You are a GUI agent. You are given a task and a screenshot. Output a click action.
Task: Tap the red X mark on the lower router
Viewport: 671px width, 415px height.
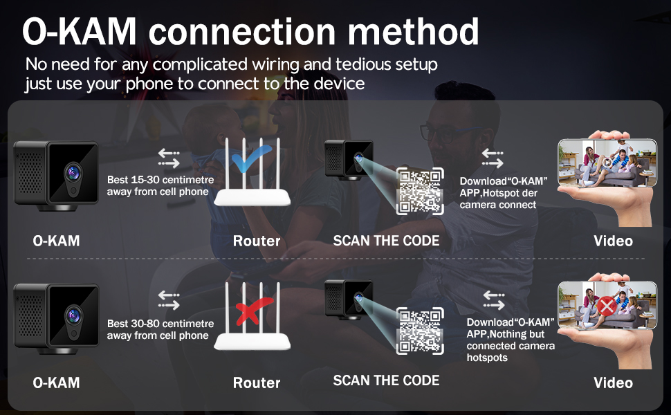pyautogui.click(x=252, y=311)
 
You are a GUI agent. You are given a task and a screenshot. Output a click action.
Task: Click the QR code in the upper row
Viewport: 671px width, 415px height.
pyautogui.click(x=420, y=191)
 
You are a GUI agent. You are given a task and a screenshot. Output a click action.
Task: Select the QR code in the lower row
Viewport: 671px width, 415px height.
pyautogui.click(x=420, y=331)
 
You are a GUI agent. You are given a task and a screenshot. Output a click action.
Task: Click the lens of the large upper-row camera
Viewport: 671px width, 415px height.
pyautogui.click(x=73, y=173)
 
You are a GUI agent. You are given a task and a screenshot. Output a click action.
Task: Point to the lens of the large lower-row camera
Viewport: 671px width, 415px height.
pyautogui.click(x=73, y=315)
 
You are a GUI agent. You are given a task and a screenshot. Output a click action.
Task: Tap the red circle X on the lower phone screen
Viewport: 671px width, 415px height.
pyautogui.click(x=607, y=306)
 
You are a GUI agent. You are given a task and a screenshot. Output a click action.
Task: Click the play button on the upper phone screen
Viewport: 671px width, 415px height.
pyautogui.click(x=607, y=162)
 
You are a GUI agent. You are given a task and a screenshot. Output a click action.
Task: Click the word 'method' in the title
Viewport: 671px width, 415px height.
pyautogui.click(x=413, y=32)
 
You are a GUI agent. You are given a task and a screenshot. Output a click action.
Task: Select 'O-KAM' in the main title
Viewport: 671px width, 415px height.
pyautogui.click(x=79, y=32)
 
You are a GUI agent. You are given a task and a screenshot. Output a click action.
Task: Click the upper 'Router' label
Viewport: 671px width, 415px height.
pyautogui.click(x=257, y=241)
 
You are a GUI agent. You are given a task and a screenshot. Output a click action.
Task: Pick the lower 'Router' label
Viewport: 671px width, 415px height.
pyautogui.click(x=257, y=382)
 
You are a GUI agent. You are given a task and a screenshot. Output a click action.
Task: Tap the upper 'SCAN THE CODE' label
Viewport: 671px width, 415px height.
pyautogui.click(x=386, y=241)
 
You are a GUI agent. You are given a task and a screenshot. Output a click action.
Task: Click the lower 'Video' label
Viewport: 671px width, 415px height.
pyautogui.click(x=613, y=382)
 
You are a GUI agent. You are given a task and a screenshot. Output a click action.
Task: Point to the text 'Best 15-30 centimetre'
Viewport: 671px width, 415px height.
pyautogui.click(x=160, y=180)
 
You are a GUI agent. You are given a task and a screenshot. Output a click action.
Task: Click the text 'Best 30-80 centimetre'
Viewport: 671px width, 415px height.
pyautogui.click(x=160, y=324)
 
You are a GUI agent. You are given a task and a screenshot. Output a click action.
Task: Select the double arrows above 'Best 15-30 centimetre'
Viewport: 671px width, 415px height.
pyautogui.click(x=169, y=158)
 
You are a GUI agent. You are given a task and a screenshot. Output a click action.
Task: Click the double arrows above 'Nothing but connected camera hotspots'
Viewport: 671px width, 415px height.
pyautogui.click(x=494, y=300)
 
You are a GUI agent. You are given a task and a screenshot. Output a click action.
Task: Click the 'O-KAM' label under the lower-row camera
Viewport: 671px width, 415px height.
pyautogui.click(x=56, y=382)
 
